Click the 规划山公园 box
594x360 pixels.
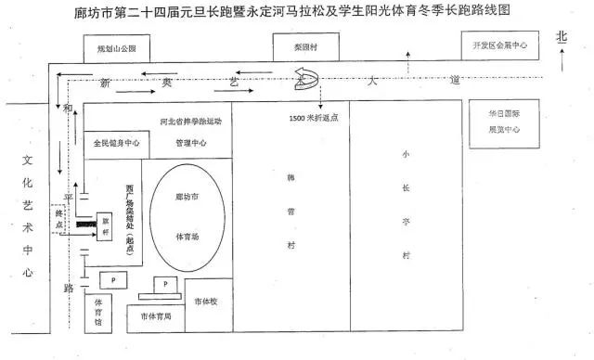[116, 48]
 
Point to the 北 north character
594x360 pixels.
[561, 36]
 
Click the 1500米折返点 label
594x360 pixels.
[314, 119]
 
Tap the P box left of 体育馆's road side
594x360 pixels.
[113, 278]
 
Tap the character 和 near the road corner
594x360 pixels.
[68, 109]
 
